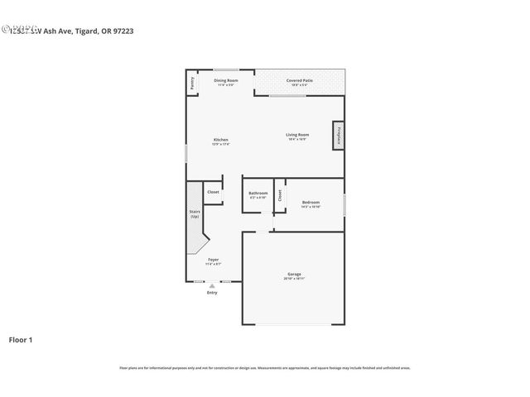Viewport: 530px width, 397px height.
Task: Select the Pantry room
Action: [191, 83]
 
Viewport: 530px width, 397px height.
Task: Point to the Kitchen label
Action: [221, 139]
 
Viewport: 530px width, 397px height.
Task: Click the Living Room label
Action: [297, 134]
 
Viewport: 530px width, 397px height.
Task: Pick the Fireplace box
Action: [339, 136]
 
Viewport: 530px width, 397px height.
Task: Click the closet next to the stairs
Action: [213, 192]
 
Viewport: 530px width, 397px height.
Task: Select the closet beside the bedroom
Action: [280, 195]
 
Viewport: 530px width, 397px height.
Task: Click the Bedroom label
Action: [311, 202]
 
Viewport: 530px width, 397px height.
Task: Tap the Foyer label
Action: [213, 260]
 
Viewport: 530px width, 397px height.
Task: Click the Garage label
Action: [294, 274]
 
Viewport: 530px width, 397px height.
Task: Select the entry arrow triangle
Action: [212, 285]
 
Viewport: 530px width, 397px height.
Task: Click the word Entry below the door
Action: [212, 293]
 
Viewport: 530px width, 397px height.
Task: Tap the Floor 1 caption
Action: [21, 339]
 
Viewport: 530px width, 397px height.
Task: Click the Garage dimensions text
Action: [294, 278]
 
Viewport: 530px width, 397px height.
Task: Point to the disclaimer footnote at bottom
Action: [264, 368]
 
